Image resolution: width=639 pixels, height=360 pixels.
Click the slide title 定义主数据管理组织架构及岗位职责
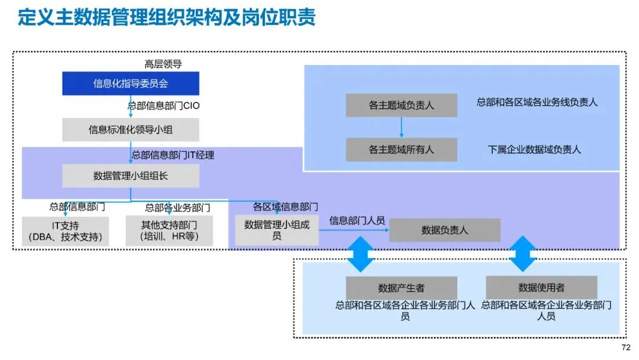(167, 17)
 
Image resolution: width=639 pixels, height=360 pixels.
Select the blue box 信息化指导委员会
(130, 83)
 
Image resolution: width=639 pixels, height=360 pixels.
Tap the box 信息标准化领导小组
(130, 130)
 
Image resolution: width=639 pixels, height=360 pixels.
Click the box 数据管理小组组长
(130, 176)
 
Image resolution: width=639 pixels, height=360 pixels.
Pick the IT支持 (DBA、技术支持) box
(65, 231)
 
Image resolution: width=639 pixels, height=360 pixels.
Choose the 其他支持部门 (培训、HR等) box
(169, 231)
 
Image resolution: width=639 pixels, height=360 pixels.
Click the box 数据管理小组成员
(277, 230)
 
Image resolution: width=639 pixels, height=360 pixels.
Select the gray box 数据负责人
(444, 230)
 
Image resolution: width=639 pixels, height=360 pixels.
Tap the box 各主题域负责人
(401, 105)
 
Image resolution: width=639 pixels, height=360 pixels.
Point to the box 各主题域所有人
(401, 150)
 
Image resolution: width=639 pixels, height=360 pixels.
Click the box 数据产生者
(401, 288)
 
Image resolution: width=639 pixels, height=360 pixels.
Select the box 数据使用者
(541, 287)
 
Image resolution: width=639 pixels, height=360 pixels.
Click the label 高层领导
(163, 64)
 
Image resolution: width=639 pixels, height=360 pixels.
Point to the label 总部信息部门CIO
(164, 105)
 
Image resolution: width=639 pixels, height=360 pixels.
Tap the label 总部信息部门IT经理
(173, 155)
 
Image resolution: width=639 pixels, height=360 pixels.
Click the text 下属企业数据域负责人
(534, 150)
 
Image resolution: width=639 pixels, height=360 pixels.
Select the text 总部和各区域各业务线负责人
(537, 102)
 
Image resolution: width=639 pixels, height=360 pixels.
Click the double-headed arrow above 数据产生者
(360, 254)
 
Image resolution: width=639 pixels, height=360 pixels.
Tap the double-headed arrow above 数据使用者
(522, 254)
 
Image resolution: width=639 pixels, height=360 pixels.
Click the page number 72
(626, 348)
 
